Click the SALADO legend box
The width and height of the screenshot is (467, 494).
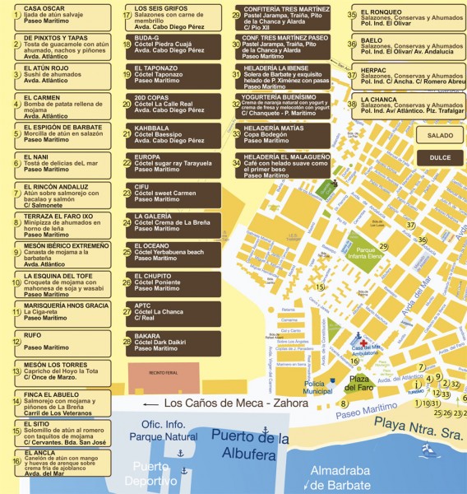tap(434, 134)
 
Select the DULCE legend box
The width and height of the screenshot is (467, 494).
tap(434, 156)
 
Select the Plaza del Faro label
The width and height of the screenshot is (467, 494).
tap(359, 383)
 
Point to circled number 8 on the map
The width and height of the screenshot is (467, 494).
tap(343, 404)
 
